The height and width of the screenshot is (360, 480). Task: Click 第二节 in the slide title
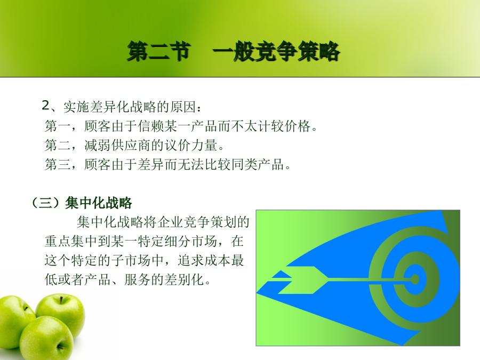coord(159,51)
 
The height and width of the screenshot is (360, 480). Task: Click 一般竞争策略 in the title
coord(276,51)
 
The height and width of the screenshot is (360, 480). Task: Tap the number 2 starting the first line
coord(46,105)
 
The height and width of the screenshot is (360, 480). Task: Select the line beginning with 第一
coord(181,126)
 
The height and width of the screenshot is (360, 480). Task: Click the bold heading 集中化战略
coord(98,203)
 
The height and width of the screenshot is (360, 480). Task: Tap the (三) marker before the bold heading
coord(46,203)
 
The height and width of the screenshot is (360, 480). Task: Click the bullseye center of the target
coord(415,279)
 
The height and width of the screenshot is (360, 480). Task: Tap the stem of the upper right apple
coord(61,299)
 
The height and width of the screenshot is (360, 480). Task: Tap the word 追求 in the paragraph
coord(190,260)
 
